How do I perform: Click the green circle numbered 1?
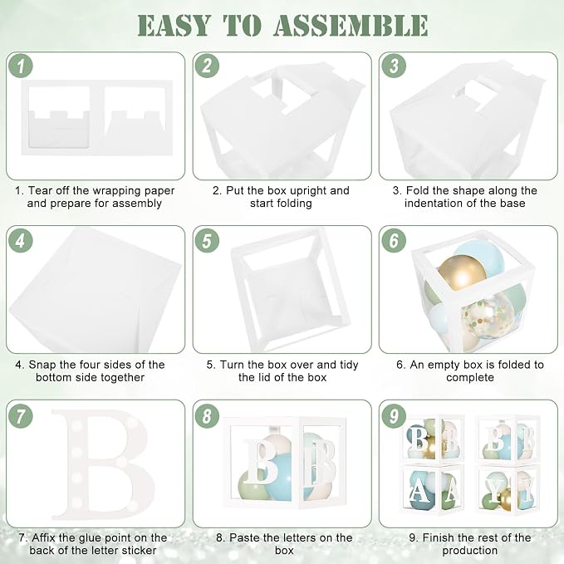[21, 66]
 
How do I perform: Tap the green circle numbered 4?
[21, 240]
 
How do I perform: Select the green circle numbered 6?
[394, 240]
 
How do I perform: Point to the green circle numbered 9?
[394, 416]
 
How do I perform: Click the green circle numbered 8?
[207, 416]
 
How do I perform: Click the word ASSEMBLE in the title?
[351, 26]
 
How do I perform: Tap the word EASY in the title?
[174, 26]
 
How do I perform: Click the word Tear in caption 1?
[40, 191]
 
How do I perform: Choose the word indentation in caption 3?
[434, 204]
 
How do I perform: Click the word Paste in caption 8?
[245, 537]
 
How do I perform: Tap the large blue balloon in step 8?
[284, 475]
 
